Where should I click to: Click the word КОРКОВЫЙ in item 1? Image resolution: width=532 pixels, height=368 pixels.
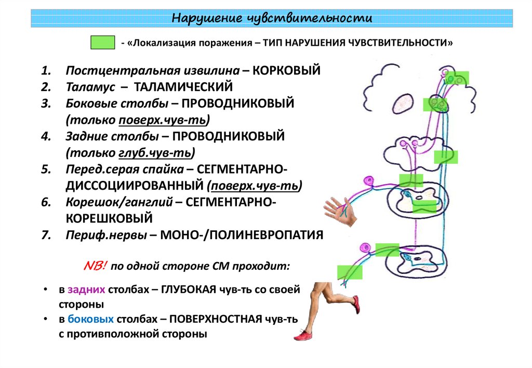coord(286,70)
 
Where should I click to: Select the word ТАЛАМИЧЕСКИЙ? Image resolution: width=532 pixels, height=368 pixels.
coord(183,87)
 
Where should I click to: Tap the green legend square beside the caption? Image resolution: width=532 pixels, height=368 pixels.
coord(102,43)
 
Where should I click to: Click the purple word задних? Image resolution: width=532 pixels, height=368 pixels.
coord(86,290)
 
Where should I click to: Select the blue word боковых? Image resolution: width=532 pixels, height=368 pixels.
coord(90,319)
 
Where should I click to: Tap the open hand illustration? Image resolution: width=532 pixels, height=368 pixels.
coord(340,212)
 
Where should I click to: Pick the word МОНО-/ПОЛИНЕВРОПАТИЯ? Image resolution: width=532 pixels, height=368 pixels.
coord(242,235)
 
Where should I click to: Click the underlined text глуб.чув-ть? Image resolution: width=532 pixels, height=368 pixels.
coord(155,153)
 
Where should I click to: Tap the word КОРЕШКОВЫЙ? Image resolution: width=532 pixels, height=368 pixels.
coord(109,218)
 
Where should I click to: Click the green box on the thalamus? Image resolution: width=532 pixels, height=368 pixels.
coord(435,104)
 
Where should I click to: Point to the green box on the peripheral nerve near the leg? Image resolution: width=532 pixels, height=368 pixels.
coord(350,272)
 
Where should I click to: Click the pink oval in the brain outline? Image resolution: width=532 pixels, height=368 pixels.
coord(403,103)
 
